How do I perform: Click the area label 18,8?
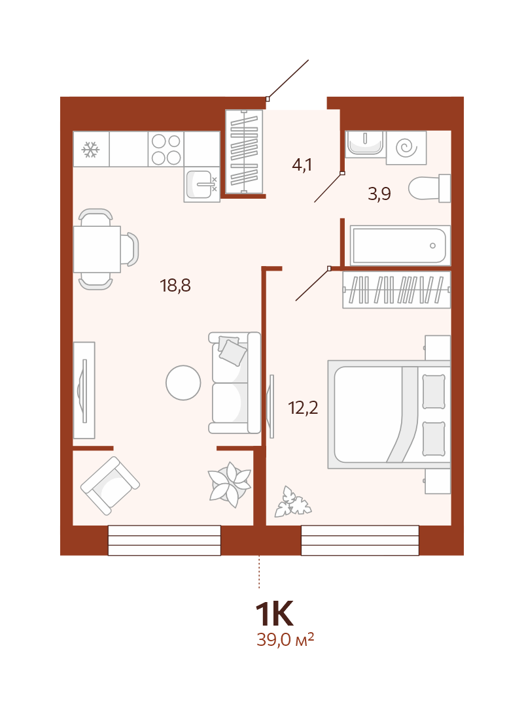pos(175,286)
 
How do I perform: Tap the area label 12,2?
pos(303,408)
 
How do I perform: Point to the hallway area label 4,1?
pos(302,165)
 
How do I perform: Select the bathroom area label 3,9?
pos(379,193)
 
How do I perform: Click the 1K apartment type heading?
pos(274,614)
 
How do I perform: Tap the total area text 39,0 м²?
pos(285,639)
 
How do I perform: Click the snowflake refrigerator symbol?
pos(90,150)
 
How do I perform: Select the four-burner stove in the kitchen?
pos(166,149)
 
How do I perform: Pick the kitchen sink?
pos(201,184)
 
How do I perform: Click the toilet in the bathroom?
pos(429,188)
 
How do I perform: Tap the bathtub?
pos(400,245)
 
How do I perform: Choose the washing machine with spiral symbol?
pos(406,147)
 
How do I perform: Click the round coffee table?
pos(183,382)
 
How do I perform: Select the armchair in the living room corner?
pos(110,486)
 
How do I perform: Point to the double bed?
pos(389,414)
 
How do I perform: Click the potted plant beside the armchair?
pos(230,484)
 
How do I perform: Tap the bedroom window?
pos(360,541)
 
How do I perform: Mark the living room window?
pos(164,541)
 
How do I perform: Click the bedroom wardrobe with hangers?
pos(396,290)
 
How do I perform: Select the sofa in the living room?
pos(234,383)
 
